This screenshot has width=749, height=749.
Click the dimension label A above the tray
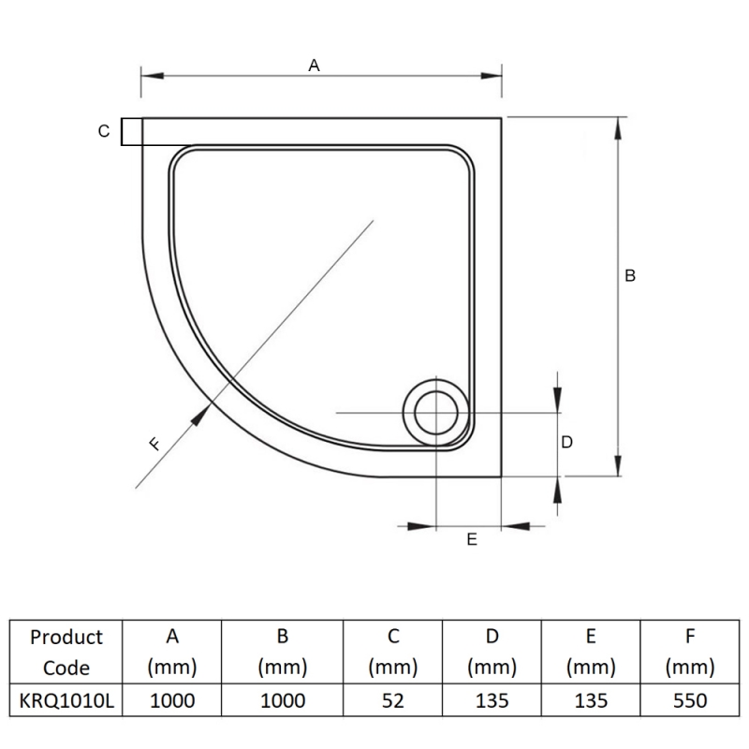[x=315, y=65]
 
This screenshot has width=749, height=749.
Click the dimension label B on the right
[x=630, y=275]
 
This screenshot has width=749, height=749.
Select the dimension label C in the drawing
[x=104, y=132]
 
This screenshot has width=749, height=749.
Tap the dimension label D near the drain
[x=566, y=442]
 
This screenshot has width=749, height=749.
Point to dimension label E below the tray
[x=471, y=539]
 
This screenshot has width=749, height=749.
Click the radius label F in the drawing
[x=155, y=445]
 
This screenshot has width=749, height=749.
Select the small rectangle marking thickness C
[x=132, y=132]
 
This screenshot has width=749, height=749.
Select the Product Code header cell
[x=66, y=653]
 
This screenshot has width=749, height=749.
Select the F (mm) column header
[x=689, y=653]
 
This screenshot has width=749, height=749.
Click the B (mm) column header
[x=283, y=653]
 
